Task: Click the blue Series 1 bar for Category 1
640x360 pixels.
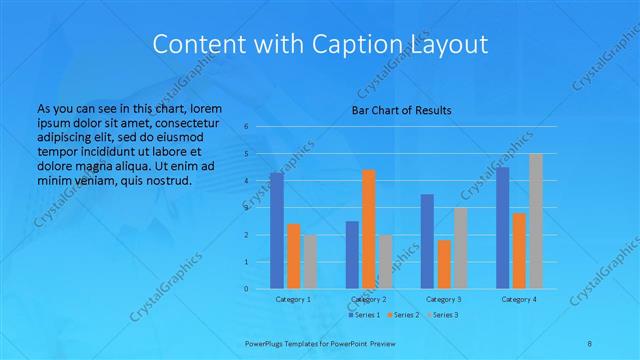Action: click(277, 231)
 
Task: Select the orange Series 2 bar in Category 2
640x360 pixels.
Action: click(368, 229)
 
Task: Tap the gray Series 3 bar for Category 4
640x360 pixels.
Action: click(535, 221)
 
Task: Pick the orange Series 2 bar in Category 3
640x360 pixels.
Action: click(443, 264)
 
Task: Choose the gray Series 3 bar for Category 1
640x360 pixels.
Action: click(310, 262)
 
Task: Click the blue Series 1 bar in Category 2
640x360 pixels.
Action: click(352, 255)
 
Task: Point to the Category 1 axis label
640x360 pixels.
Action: click(293, 299)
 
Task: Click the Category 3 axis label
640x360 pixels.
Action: click(444, 299)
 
